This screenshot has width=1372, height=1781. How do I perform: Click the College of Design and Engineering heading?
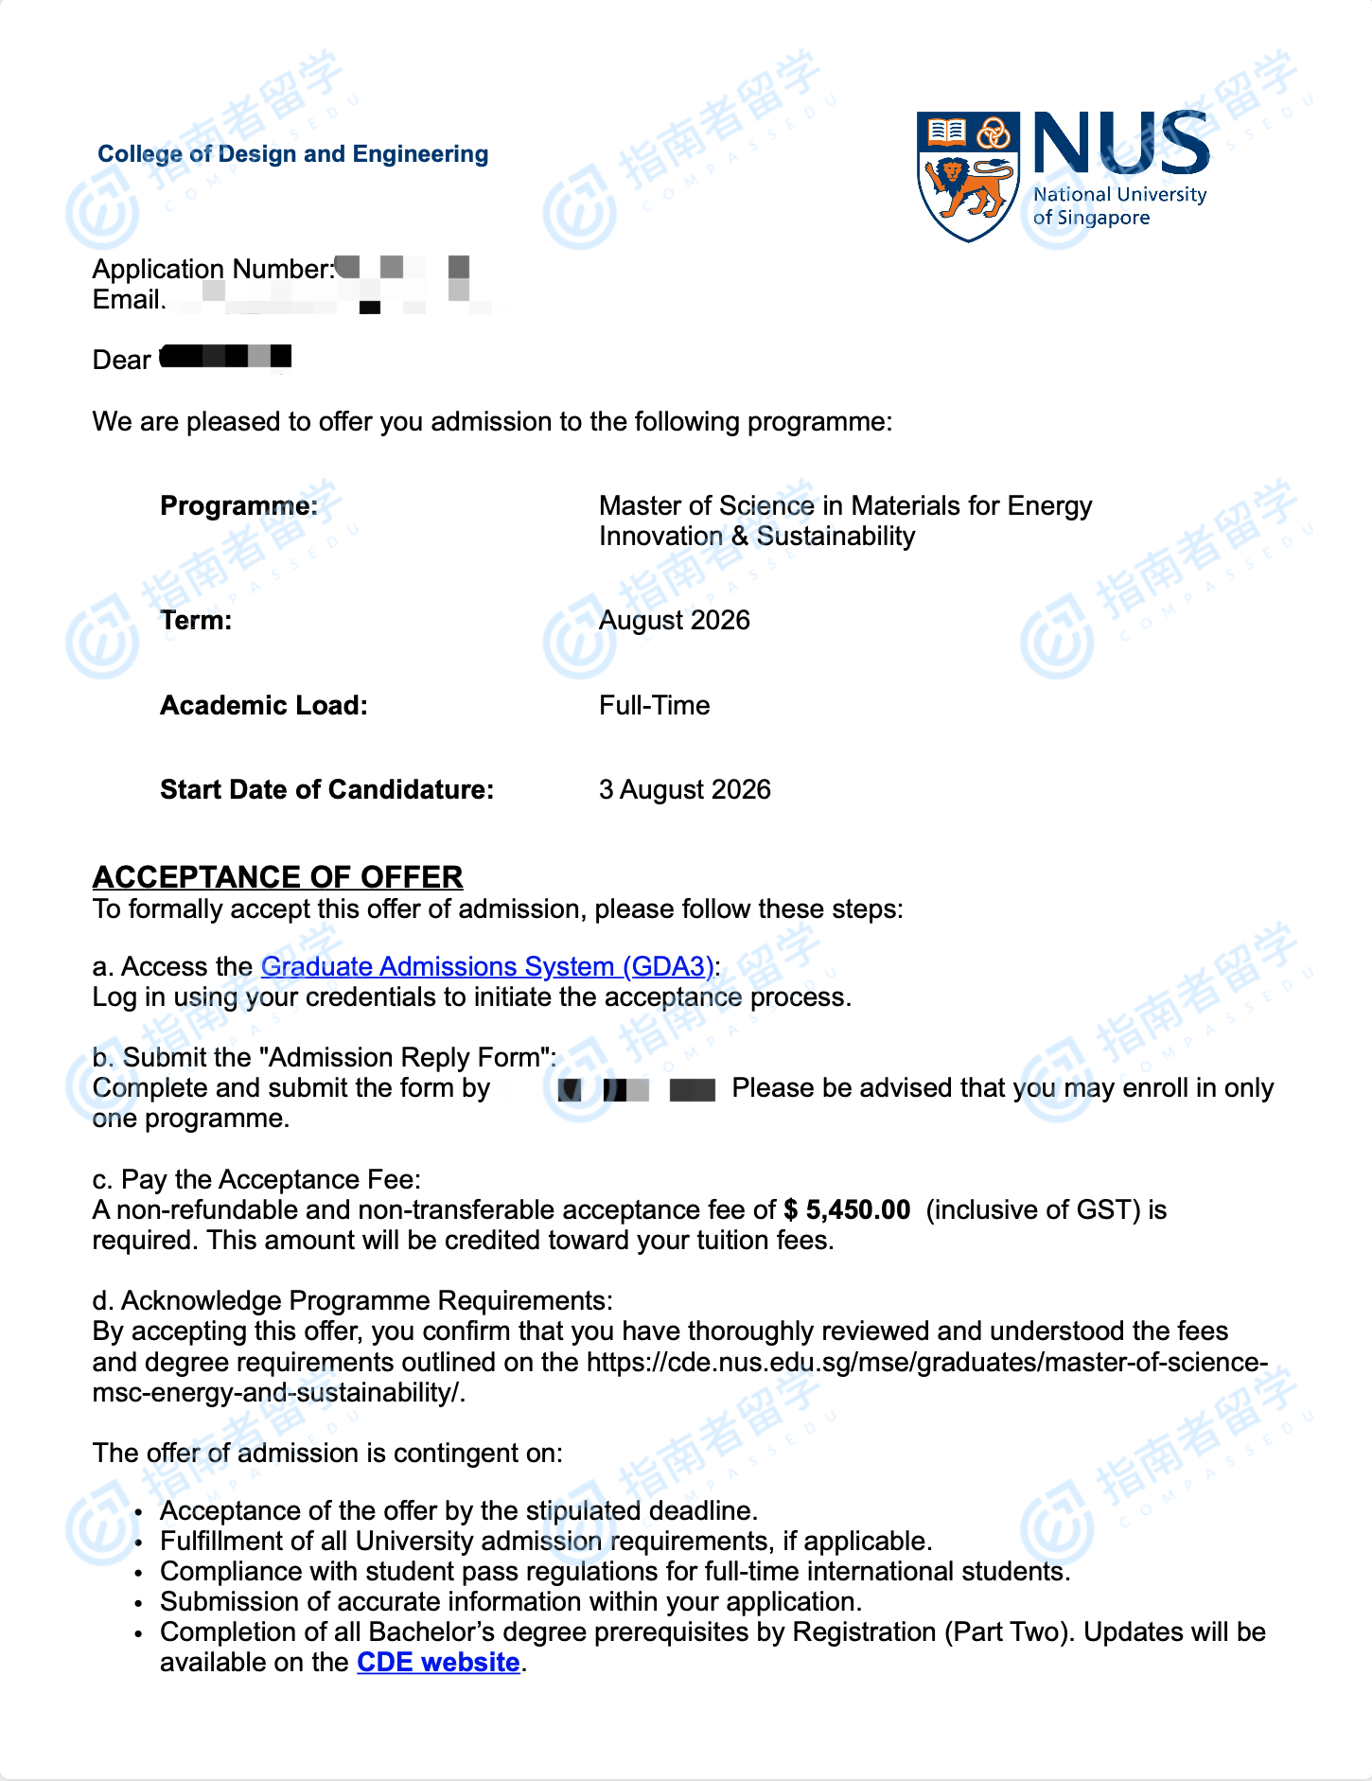click(x=293, y=154)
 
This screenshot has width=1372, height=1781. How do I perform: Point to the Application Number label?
click(x=213, y=270)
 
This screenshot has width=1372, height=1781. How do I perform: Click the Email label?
click(x=127, y=300)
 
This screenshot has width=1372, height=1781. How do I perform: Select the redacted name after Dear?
click(x=226, y=358)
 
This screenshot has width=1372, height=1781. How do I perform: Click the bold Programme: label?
click(x=238, y=506)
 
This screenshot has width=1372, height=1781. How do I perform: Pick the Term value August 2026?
click(x=674, y=621)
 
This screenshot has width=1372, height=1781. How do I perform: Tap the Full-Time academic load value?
click(x=654, y=706)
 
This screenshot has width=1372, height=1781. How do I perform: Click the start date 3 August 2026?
click(x=684, y=790)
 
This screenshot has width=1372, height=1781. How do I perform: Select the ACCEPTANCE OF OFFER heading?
click(x=277, y=877)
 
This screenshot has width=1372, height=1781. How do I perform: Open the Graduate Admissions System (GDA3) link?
click(x=486, y=966)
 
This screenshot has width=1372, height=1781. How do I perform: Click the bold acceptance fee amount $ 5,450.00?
click(x=847, y=1210)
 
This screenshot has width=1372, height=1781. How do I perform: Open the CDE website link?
click(x=438, y=1663)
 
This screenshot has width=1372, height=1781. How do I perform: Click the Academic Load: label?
click(x=263, y=706)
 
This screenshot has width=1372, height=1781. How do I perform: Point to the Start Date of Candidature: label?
click(x=326, y=790)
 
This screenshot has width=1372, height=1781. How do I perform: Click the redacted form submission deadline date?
click(x=636, y=1089)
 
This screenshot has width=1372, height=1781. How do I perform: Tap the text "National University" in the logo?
click(x=1119, y=195)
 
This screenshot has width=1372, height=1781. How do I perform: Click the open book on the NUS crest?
click(x=945, y=132)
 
